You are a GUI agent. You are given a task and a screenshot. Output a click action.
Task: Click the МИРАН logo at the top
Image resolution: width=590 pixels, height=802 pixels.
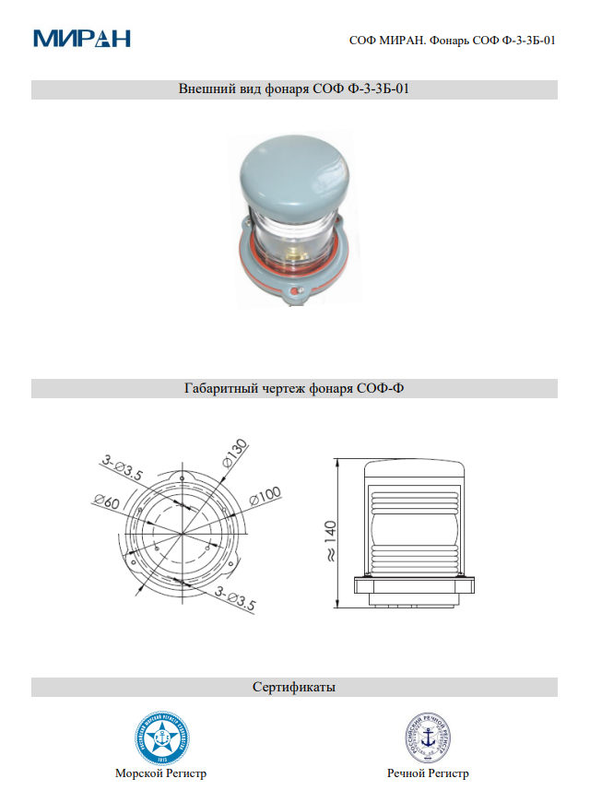pyautogui.click(x=82, y=38)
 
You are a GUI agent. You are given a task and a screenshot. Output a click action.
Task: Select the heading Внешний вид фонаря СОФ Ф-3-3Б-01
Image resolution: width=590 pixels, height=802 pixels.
pyautogui.click(x=294, y=90)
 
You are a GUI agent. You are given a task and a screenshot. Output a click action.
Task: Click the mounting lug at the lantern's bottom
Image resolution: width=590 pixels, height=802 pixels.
pyautogui.click(x=296, y=297)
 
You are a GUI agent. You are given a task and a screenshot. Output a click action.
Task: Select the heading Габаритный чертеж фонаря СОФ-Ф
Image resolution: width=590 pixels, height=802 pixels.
pyautogui.click(x=294, y=389)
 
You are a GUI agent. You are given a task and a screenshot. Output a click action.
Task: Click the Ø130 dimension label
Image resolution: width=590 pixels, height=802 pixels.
pyautogui.click(x=235, y=453)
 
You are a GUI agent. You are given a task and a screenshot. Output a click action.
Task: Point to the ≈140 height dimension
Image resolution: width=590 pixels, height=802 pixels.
pyautogui.click(x=330, y=538)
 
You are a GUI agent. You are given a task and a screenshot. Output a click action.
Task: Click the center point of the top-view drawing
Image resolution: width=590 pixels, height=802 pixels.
pyautogui.click(x=183, y=536)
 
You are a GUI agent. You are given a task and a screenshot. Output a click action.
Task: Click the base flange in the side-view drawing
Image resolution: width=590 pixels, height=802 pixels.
pyautogui.click(x=414, y=584)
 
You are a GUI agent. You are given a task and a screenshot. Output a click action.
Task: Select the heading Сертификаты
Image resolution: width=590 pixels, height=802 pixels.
pyautogui.click(x=294, y=688)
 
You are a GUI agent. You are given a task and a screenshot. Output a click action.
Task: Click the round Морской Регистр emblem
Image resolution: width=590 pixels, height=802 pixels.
pyautogui.click(x=162, y=737)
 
